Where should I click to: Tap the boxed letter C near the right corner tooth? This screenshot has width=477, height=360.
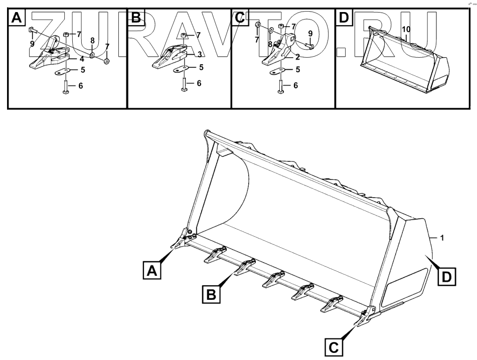[335, 345]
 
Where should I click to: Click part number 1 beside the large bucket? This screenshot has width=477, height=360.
[441, 238]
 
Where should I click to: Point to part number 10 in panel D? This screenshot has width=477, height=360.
[406, 30]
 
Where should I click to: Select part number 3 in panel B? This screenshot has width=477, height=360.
[199, 54]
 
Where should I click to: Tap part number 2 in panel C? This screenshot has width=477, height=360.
[297, 57]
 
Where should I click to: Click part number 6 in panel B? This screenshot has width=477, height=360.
[199, 83]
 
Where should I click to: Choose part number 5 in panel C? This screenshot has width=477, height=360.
[297, 70]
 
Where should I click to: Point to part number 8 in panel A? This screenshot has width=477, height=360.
[92, 41]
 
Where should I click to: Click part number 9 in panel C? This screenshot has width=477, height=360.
[310, 34]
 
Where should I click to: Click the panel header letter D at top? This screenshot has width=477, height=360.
[343, 18]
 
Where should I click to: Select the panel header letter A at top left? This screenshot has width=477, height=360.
[17, 18]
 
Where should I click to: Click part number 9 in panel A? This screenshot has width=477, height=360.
[32, 44]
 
